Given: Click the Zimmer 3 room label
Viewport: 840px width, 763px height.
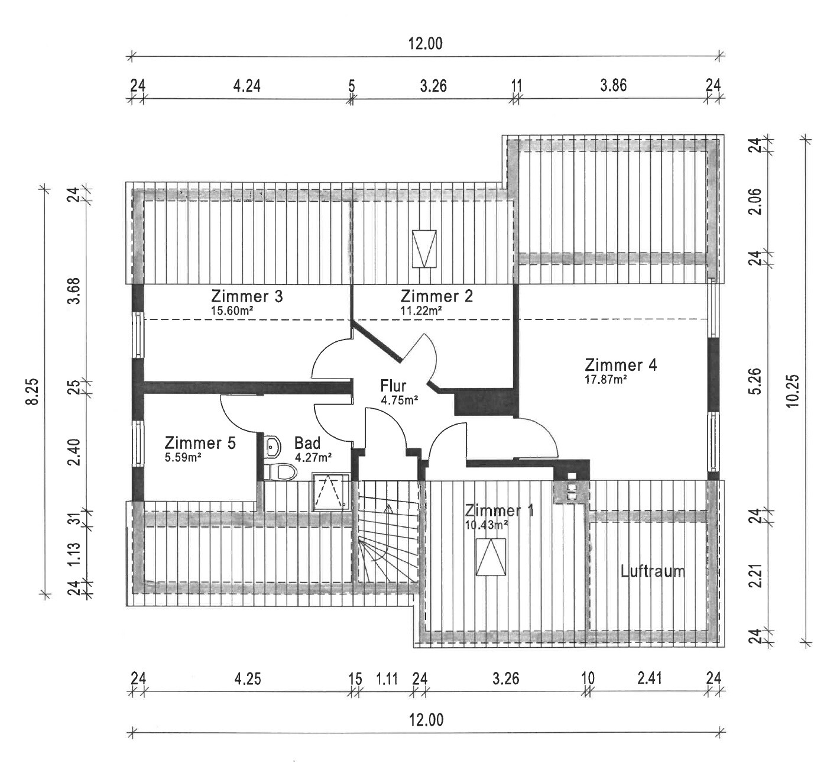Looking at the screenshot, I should point(247,296).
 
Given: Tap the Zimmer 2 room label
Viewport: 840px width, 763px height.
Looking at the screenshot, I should point(436,296).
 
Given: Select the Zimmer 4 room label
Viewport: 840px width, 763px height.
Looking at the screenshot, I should point(620,364).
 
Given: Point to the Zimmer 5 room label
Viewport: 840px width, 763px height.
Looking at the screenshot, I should point(200,442).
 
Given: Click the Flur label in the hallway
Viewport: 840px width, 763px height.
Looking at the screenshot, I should point(393,386).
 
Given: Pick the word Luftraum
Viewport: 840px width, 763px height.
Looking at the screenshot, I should point(653,571).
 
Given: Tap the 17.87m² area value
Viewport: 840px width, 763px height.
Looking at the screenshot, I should point(605,380).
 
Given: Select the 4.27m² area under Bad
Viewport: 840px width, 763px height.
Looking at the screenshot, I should point(313,457).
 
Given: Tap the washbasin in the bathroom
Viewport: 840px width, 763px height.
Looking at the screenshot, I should point(272,446).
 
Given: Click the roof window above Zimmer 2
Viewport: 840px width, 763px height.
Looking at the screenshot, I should point(424,248).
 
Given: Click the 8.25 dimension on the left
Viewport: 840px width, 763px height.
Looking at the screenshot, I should point(33,391).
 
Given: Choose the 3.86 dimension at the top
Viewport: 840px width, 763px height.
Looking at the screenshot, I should point(613,85).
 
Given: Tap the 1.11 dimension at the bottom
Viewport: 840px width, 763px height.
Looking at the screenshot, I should point(387,678).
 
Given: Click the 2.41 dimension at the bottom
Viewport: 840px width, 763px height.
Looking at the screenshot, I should point(649,678).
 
